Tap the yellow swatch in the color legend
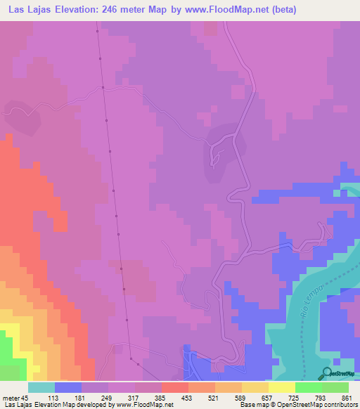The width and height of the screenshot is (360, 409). [281, 387]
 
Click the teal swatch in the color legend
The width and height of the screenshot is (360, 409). [41, 387]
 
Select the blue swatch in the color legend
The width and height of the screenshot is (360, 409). [68, 387]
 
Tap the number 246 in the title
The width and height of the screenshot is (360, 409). [122, 10]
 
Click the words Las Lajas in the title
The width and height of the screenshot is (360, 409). [27, 10]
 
